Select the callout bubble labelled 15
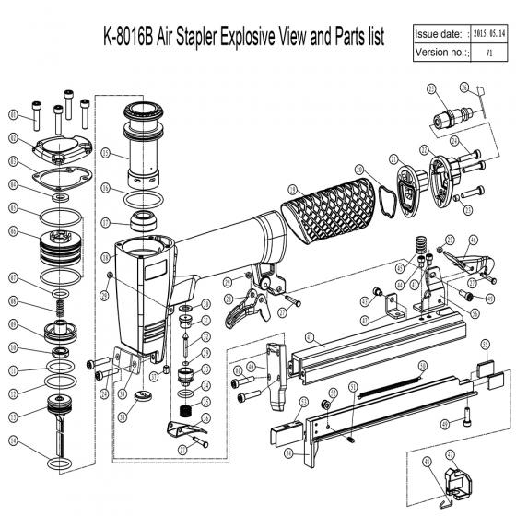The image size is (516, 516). pos(106,153)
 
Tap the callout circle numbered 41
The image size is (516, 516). pos(311,338)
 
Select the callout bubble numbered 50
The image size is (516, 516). pos(422,366)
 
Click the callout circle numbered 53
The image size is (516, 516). pos(305,403)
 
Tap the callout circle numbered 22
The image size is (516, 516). pos(424,150)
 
